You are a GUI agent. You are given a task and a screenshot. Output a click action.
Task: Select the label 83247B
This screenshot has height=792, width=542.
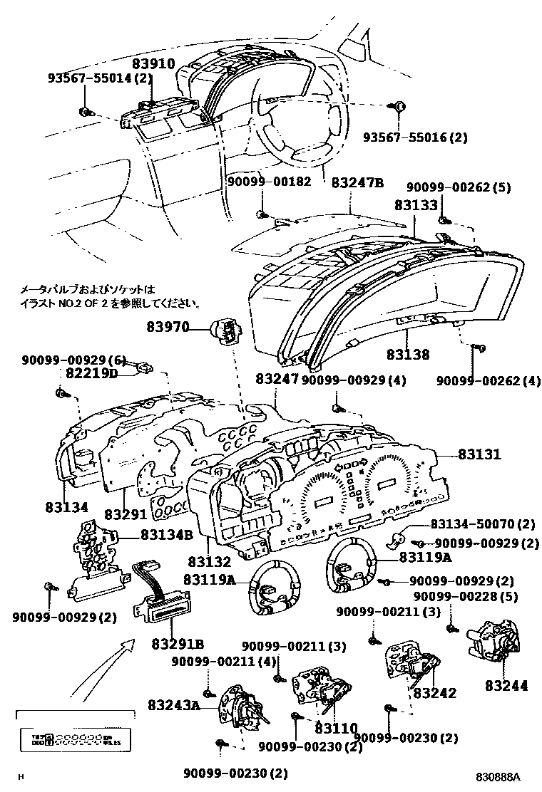[x=357, y=182]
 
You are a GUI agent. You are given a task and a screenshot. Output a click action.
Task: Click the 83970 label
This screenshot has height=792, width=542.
[x=168, y=328]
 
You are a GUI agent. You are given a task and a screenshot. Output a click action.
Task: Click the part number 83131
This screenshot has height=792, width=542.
[x=479, y=454]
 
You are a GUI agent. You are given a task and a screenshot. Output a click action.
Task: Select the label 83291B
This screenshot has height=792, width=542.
[x=178, y=645]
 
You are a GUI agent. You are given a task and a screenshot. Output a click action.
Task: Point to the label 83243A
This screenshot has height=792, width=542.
[x=174, y=705]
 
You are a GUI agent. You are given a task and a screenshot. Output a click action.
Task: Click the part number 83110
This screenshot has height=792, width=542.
[x=336, y=729]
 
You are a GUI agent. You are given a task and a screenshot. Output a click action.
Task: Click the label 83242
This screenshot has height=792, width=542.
[x=434, y=692]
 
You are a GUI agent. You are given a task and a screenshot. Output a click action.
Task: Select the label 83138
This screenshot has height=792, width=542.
[x=408, y=353]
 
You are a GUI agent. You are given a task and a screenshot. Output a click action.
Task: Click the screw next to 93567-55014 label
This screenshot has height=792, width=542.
[x=85, y=111]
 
